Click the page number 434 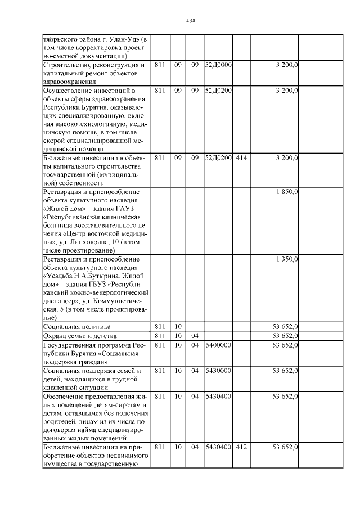pyautogui.click(x=190, y=21)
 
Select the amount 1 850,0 pyautogui.click(x=287, y=192)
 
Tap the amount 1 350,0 pyautogui.click(x=287, y=259)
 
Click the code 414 pyautogui.click(x=241, y=158)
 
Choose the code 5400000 pyautogui.click(x=217, y=345)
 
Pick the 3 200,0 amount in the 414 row pyautogui.click(x=287, y=158)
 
